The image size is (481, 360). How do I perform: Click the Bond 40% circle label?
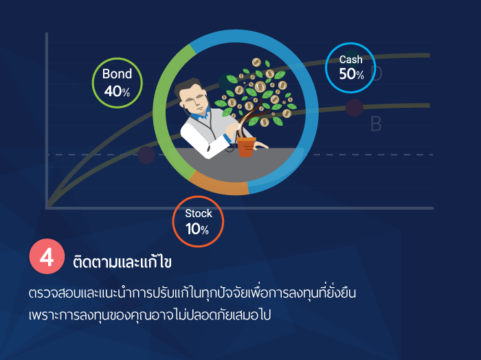pyautogui.click(x=118, y=83)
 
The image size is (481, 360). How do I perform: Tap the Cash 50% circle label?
pyautogui.click(x=350, y=68)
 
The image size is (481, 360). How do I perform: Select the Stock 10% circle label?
pyautogui.click(x=198, y=221)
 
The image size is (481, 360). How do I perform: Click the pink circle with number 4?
pyautogui.click(x=47, y=256)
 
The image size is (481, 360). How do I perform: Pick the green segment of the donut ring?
pyautogui.click(x=163, y=111)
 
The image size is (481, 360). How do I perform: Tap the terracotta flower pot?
pyautogui.click(x=246, y=147)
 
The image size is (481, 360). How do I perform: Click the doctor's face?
pyautogui.click(x=194, y=100)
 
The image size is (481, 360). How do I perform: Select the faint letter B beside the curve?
pyautogui.click(x=376, y=124)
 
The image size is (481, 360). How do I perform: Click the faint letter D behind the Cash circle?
pyautogui.click(x=377, y=73)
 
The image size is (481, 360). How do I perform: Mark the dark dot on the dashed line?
pyautogui.click(x=146, y=155)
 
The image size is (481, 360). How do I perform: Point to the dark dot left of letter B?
pyautogui.click(x=355, y=108)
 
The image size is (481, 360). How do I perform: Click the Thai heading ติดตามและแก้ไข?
pyautogui.click(x=122, y=262)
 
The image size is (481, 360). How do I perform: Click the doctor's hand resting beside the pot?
pyautogui.click(x=261, y=145)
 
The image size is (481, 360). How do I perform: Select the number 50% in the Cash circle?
pyautogui.click(x=352, y=74)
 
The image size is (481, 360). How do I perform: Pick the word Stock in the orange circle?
pyautogui.click(x=199, y=214)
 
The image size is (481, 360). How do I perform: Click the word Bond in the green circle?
pyautogui.click(x=118, y=74)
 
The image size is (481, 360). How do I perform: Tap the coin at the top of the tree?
pyautogui.click(x=256, y=63)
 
